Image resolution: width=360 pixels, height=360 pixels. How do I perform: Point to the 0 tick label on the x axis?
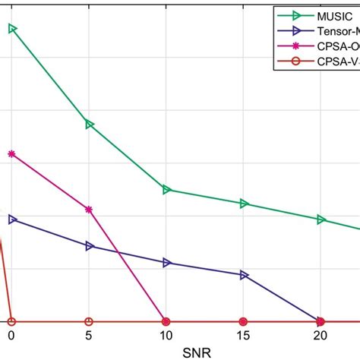(x=11, y=335)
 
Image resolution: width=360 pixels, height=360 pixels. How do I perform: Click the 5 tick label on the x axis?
(x=89, y=335)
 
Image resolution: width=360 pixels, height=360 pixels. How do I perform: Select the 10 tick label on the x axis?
(x=166, y=335)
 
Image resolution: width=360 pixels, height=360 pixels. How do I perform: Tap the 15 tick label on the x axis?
(x=243, y=335)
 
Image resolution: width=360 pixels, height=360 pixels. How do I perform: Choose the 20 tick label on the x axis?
(x=320, y=335)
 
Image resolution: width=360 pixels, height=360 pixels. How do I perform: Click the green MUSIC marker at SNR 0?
(x=12, y=29)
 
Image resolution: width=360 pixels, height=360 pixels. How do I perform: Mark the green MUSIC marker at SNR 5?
(x=90, y=124)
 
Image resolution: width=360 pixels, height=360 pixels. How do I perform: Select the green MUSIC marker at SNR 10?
(x=166, y=189)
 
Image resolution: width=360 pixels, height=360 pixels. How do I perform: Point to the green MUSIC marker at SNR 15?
(x=244, y=204)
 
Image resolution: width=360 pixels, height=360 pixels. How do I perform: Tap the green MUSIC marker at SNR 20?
(x=321, y=219)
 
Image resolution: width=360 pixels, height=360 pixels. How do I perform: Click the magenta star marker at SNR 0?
(x=11, y=154)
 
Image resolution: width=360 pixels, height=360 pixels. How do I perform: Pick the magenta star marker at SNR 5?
(x=89, y=210)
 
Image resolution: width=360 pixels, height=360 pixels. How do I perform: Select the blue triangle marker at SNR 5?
(x=90, y=246)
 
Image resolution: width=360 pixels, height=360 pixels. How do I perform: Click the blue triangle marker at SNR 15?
(x=244, y=275)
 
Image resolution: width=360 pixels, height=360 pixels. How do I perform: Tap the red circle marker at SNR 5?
(x=89, y=321)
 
